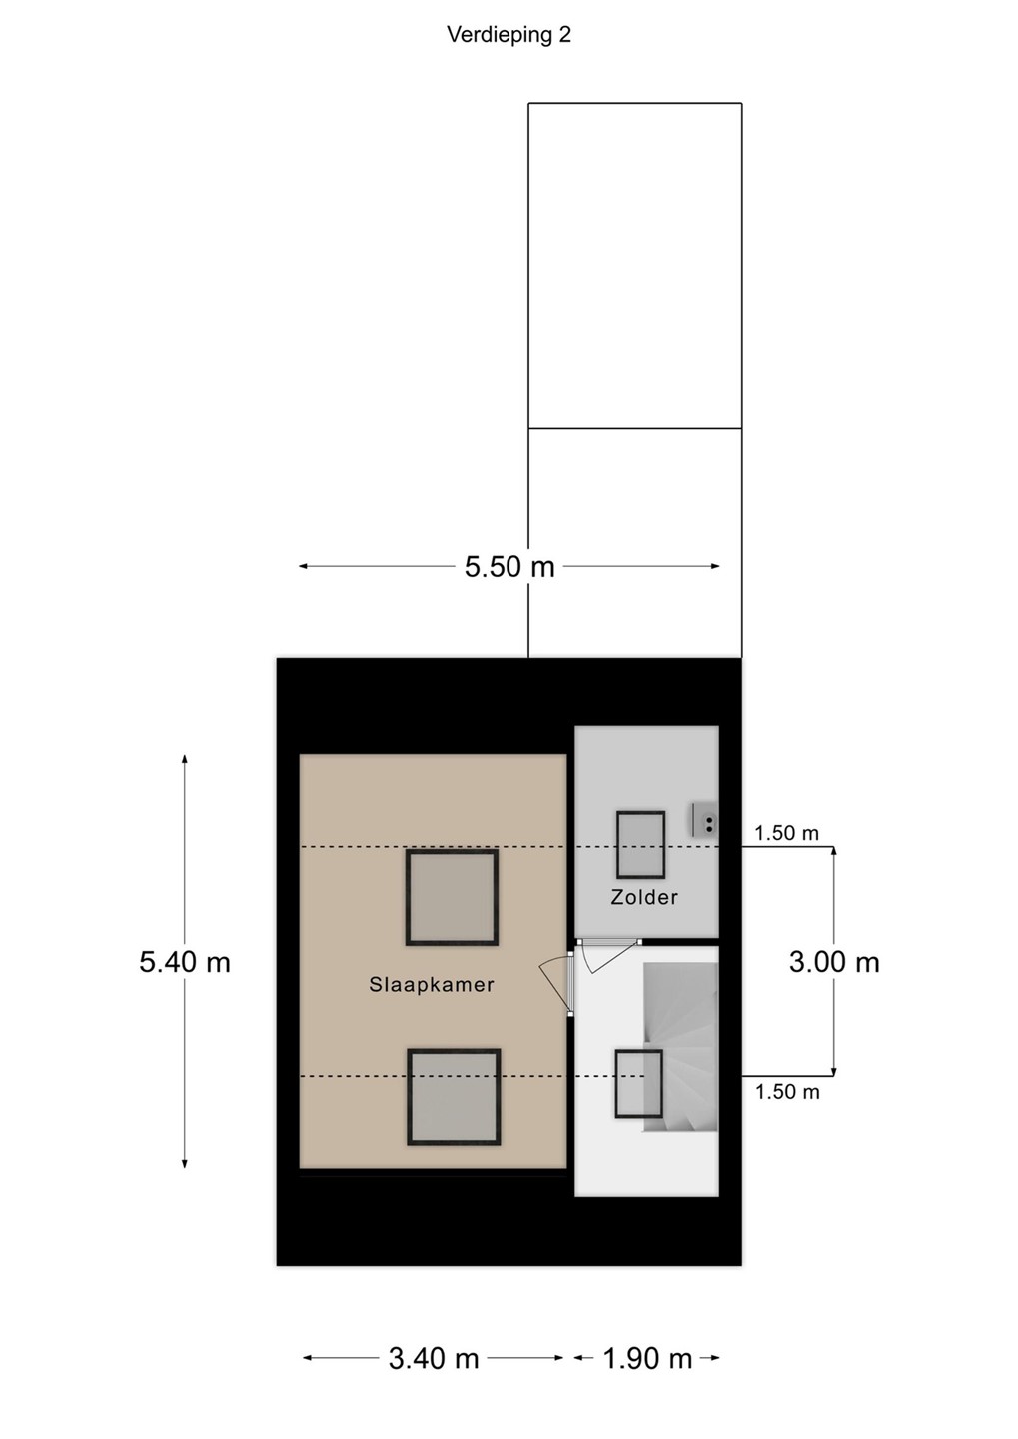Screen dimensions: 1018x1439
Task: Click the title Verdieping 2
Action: pyautogui.click(x=509, y=35)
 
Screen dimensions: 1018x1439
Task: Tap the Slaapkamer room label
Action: pyautogui.click(x=431, y=985)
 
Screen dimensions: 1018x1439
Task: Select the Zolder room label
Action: pyautogui.click(x=644, y=897)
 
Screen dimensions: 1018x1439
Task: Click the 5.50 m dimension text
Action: pyautogui.click(x=509, y=567)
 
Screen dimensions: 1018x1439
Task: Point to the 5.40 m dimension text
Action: pyautogui.click(x=185, y=962)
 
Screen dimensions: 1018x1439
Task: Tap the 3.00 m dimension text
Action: pyautogui.click(x=834, y=962)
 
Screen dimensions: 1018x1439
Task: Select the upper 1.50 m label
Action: pyautogui.click(x=787, y=833)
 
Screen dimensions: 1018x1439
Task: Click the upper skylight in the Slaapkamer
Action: pyautogui.click(x=452, y=898)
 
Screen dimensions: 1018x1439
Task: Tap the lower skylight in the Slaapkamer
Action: pyautogui.click(x=455, y=1097)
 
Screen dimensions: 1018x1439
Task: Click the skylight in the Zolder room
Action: pyautogui.click(x=640, y=845)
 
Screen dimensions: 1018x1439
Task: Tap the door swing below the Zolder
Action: pyautogui.click(x=607, y=957)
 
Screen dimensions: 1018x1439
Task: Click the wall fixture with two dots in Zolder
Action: pyautogui.click(x=704, y=821)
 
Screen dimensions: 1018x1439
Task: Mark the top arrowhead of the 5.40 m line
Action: pyautogui.click(x=185, y=758)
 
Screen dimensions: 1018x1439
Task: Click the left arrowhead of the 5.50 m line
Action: pyautogui.click(x=304, y=566)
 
